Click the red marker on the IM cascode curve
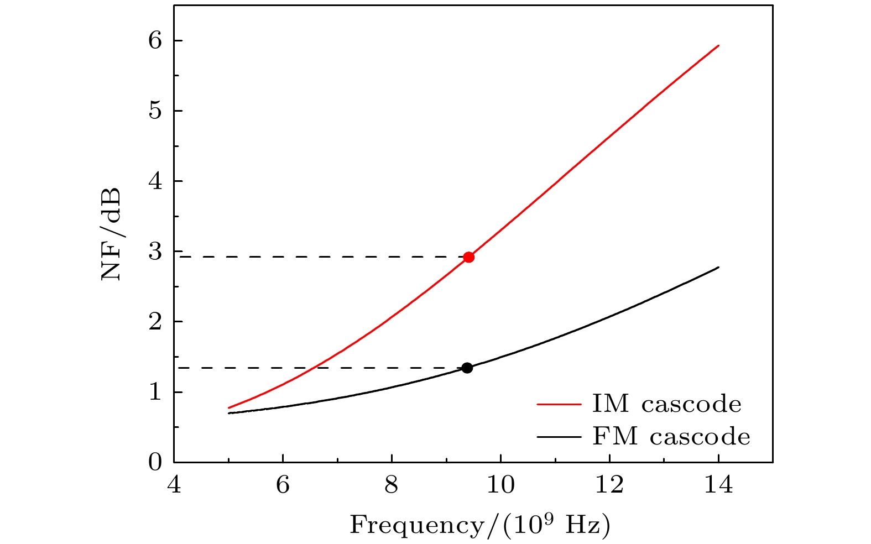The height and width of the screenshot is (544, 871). (468, 257)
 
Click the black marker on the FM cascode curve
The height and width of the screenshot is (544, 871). (467, 368)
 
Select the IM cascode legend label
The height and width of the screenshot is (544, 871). (666, 405)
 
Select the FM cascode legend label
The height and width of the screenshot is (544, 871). (671, 437)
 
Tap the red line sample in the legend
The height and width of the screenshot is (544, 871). (559, 404)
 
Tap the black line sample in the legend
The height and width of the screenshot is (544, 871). (559, 437)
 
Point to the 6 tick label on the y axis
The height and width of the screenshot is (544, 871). (156, 41)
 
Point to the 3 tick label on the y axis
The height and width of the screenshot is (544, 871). (156, 252)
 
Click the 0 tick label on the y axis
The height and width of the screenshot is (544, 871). (156, 463)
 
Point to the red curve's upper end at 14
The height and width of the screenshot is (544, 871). (718, 46)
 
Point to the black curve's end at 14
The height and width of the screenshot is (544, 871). (718, 268)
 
